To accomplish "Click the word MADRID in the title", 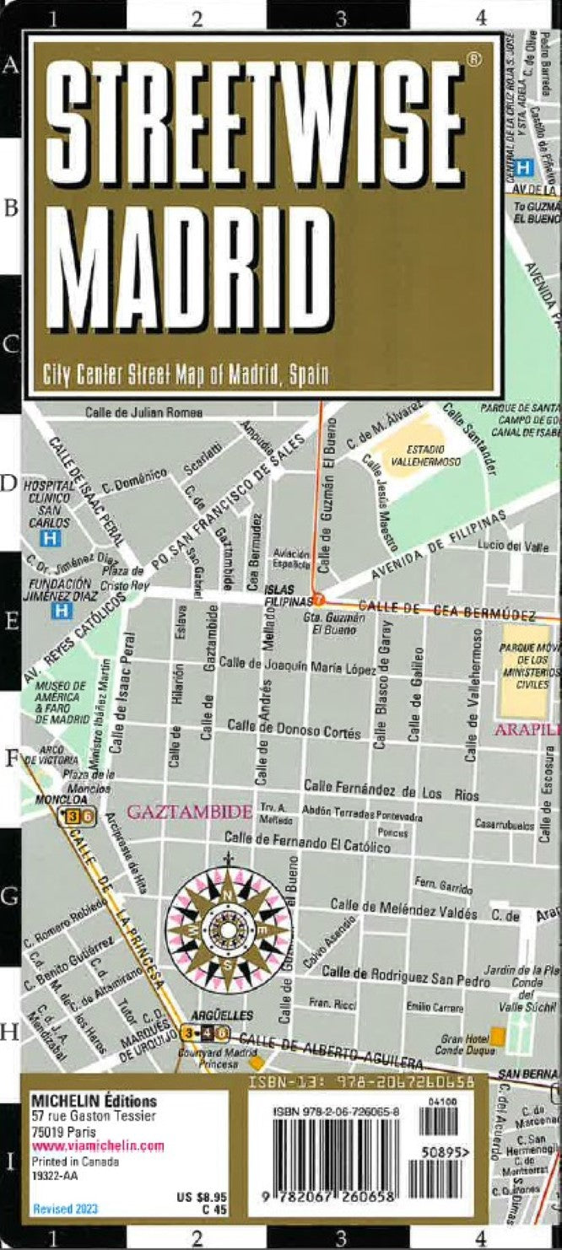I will pos(186,257).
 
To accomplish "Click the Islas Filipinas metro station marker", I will pos(319,601).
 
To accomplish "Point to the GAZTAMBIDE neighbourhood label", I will pos(189,813).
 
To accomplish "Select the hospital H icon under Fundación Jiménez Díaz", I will pos(61,610).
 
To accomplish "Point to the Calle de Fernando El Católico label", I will pos(306,842).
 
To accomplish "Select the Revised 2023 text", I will pos(65,1209).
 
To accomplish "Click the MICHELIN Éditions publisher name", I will pos(94,1102).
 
